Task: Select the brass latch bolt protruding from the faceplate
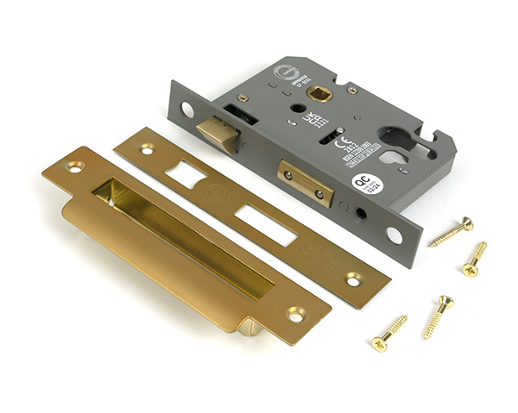218,133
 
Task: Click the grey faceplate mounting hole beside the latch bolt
187,110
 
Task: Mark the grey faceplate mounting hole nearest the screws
394,235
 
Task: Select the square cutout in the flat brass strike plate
186,175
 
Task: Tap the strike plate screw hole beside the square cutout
147,149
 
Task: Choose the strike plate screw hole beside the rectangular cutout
353,279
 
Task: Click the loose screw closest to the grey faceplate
452,232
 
